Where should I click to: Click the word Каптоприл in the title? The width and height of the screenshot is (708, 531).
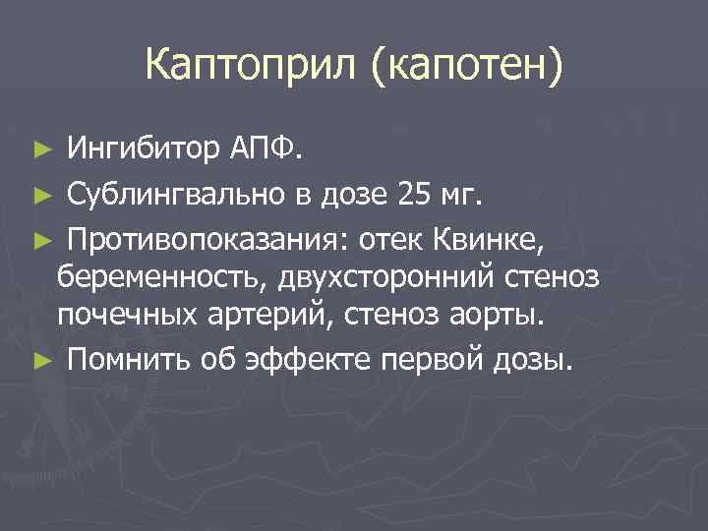[x=254, y=67]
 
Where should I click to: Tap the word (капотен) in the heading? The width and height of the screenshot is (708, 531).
[x=468, y=67]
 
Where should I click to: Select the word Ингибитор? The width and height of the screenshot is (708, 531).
[x=144, y=148]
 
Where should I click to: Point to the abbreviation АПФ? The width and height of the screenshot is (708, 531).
[x=267, y=148]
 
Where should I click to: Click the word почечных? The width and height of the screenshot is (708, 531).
[x=118, y=318]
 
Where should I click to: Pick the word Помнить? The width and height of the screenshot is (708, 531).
[x=122, y=360]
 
